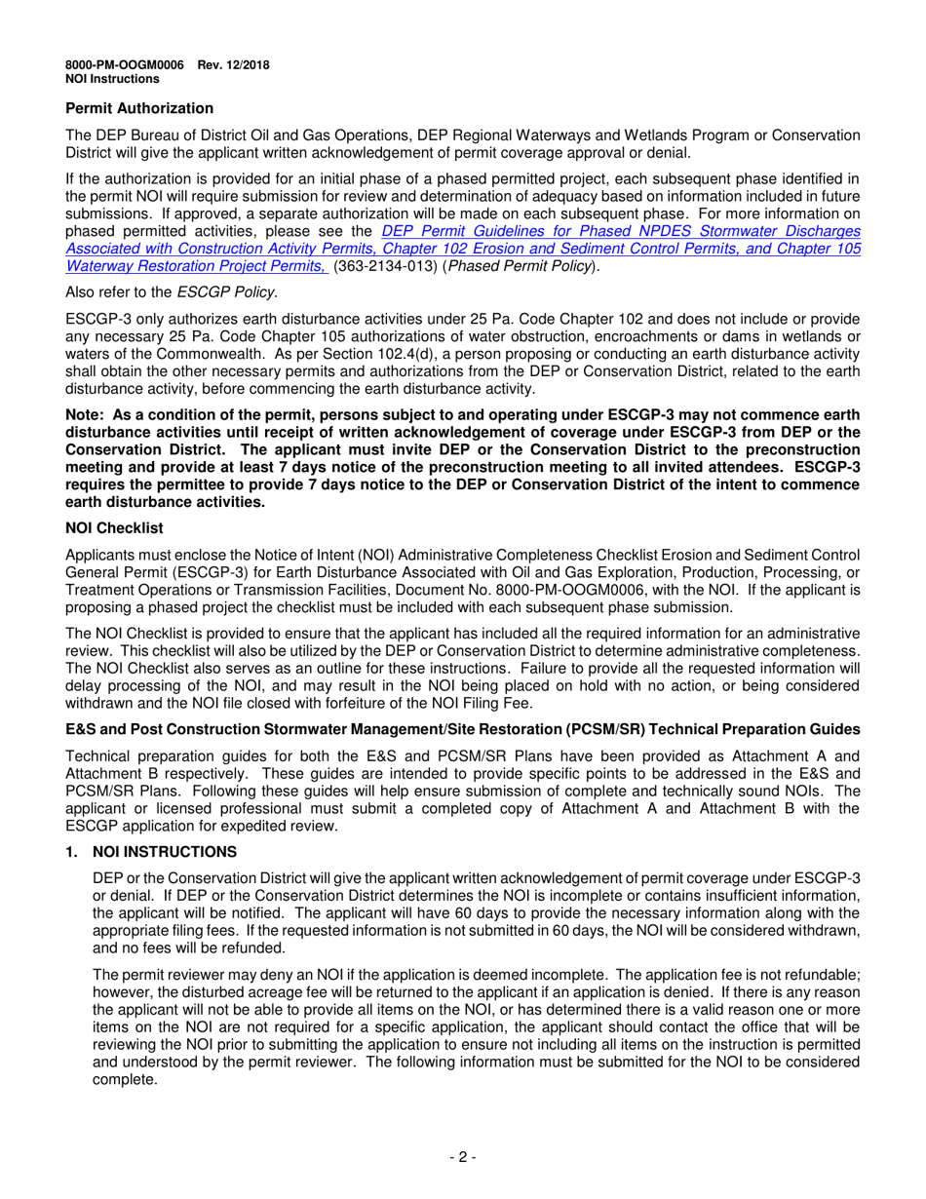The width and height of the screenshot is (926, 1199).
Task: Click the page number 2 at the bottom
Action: point(462,1157)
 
